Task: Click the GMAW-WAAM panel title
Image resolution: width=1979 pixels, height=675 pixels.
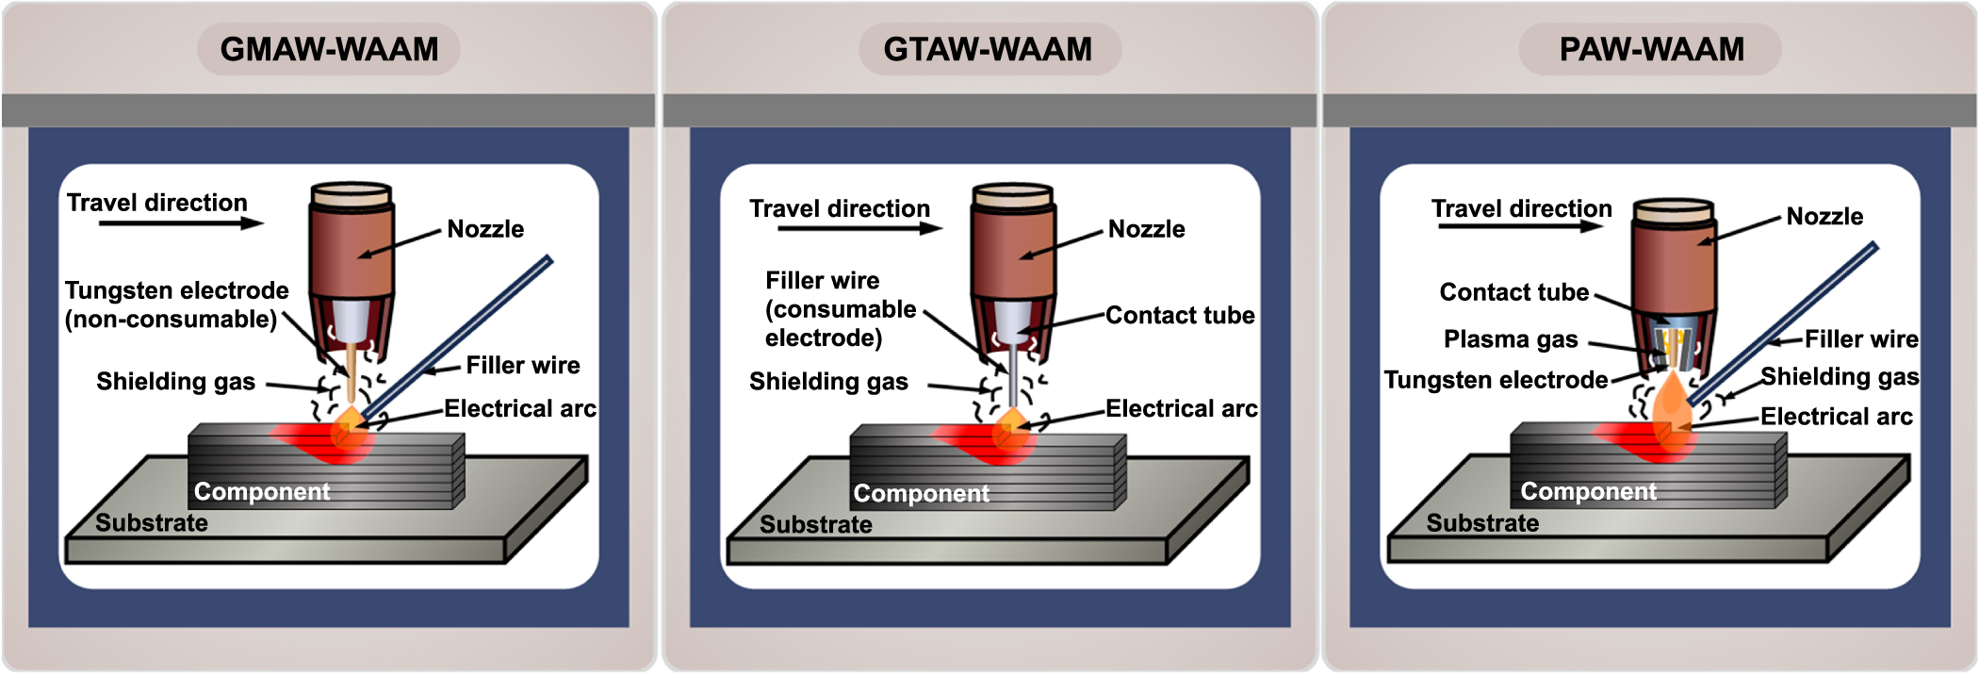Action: (329, 49)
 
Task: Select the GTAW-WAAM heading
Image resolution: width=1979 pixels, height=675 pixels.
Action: (988, 49)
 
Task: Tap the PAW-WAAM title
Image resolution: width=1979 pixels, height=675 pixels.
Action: (1651, 49)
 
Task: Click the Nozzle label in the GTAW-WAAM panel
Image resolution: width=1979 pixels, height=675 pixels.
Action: (1146, 229)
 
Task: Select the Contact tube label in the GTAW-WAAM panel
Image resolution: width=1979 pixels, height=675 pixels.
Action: (1180, 315)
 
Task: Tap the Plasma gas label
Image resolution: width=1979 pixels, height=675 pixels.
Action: (1510, 339)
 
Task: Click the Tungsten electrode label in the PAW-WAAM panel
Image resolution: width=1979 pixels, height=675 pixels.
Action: (1496, 380)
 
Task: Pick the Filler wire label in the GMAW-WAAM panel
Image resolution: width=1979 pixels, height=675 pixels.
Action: (523, 366)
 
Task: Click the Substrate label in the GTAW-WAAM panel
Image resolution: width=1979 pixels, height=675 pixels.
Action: (816, 525)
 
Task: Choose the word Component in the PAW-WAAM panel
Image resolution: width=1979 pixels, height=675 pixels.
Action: (1588, 491)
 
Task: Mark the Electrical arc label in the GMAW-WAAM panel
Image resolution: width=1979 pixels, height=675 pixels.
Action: (520, 408)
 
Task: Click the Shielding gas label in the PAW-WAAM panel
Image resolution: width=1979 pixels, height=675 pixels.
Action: (1840, 377)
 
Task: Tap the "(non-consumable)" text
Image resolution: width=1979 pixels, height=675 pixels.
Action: (171, 320)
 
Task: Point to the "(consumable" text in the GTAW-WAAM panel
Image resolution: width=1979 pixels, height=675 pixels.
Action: (841, 309)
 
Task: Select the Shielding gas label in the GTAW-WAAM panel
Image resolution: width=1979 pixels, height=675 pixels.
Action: (828, 382)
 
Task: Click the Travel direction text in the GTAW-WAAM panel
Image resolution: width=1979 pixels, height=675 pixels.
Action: (840, 208)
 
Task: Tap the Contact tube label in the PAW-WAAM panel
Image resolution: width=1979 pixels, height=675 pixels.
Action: (1513, 292)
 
